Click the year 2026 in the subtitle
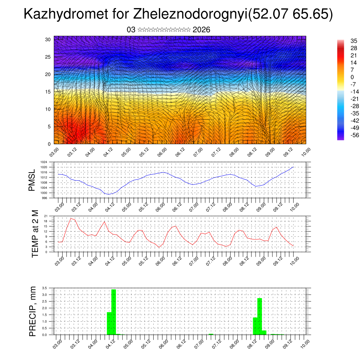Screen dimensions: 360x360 201,30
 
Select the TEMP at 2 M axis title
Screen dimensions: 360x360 35,233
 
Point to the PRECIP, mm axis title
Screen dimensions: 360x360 33,311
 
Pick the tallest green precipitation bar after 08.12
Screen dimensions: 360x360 260,315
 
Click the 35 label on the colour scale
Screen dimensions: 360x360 354,41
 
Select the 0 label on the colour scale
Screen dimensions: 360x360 352,77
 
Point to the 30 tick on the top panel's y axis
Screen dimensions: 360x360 48,39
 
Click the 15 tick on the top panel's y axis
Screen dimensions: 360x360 48,92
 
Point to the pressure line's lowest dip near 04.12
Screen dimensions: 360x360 109,194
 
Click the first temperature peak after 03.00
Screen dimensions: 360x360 71,218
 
